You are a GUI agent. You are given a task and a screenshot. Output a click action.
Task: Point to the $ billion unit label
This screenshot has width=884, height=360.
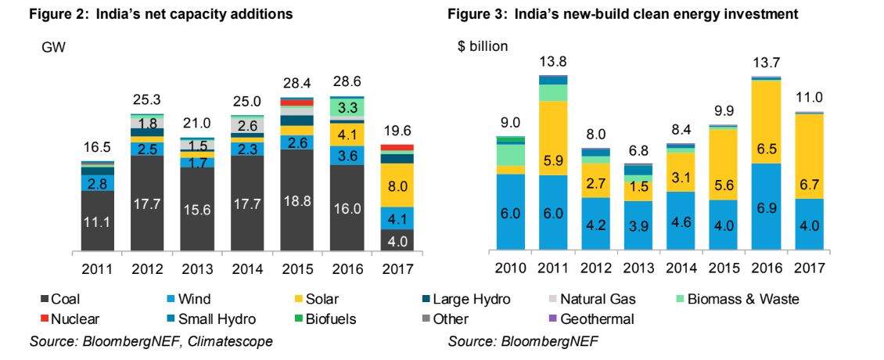coord(482,46)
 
